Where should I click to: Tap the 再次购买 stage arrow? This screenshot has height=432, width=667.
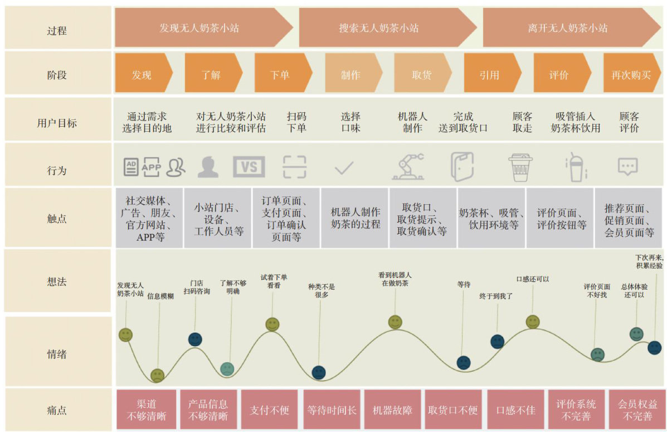tap(631, 74)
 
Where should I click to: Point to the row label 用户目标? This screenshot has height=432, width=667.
tap(57, 123)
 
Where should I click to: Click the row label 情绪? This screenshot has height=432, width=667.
tap(57, 353)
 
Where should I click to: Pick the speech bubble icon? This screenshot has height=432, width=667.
tap(627, 166)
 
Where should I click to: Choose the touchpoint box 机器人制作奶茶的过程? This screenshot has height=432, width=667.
tap(355, 218)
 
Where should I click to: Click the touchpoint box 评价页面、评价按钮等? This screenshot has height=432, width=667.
tap(561, 218)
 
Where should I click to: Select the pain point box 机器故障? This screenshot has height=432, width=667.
tap(392, 410)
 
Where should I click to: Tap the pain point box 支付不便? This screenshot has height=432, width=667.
tap(269, 410)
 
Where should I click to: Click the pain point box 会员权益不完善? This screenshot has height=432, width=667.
tap(637, 410)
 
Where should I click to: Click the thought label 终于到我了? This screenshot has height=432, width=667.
tap(495, 296)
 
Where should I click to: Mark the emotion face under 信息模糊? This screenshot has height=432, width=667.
tap(158, 375)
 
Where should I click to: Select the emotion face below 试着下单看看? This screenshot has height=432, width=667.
tap(272, 324)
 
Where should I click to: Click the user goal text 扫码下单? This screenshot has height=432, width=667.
tap(296, 122)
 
